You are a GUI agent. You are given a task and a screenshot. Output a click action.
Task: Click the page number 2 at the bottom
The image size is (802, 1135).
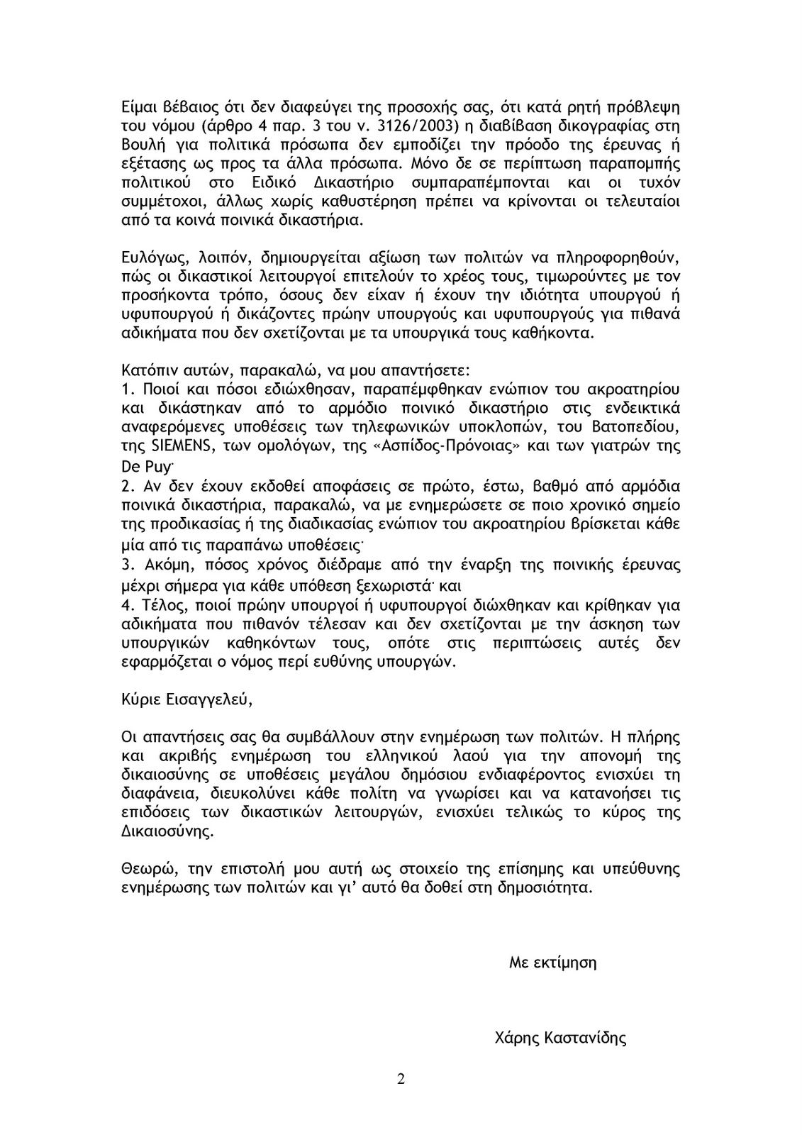(401, 1080)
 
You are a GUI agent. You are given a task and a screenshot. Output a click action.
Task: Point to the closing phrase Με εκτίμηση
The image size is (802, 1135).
(553, 963)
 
